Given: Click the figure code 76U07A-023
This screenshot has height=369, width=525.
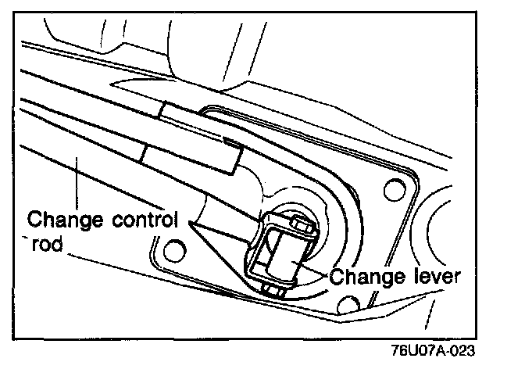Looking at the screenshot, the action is coord(435,349).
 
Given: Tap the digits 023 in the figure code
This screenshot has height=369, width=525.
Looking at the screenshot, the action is coord(461,349).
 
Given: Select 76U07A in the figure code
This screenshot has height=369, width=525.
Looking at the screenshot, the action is coord(420,349).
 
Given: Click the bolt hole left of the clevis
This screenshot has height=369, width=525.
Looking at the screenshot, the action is coord(174,251).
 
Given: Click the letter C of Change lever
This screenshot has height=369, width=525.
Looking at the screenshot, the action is coord(336,276).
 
